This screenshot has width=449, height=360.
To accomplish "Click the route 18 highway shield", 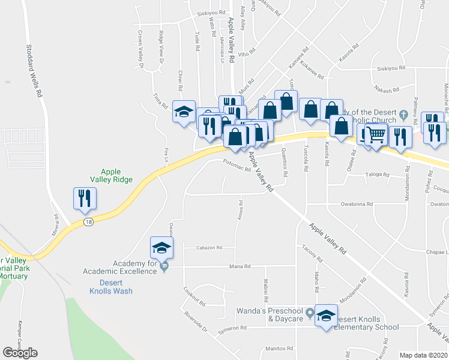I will coord(88,222).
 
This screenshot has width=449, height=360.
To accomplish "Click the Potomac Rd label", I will coord(236,169).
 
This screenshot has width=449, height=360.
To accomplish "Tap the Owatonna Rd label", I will coord(357,204).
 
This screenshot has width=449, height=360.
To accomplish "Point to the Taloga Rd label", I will coord(377,176).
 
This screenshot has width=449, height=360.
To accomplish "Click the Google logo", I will coord(20,352).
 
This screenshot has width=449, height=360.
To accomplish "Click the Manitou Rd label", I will coord(279,348).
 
